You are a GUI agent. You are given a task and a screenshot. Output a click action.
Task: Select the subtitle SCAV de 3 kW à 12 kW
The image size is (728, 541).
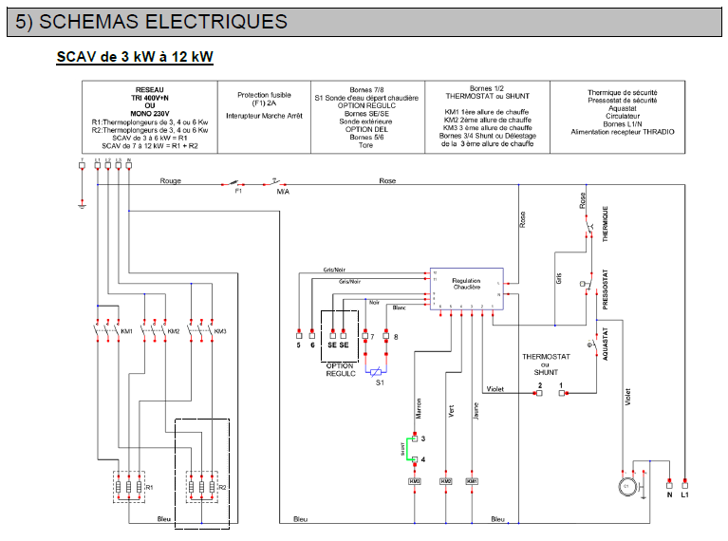tap(135, 58)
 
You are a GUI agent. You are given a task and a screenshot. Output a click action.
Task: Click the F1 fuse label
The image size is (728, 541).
tap(238, 191)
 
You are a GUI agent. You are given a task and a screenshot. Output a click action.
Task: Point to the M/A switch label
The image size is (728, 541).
tap(282, 191)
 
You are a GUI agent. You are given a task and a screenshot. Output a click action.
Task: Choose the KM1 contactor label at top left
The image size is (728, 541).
tap(126, 331)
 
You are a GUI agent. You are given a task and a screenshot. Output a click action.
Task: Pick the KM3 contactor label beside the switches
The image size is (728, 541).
tap(220, 331)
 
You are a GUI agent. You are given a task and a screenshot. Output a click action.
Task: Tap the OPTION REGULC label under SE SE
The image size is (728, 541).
tap(340, 370)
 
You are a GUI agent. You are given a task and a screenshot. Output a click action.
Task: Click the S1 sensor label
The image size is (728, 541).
tap(380, 382)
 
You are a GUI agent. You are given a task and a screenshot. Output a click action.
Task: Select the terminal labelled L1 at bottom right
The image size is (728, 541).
tap(686, 494)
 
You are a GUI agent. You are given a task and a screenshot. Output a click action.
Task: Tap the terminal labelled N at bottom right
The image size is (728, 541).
tap(669, 494)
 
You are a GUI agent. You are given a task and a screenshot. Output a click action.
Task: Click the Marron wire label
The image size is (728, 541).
tap(419, 406)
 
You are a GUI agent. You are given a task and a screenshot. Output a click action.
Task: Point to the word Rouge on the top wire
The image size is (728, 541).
tap(170, 179)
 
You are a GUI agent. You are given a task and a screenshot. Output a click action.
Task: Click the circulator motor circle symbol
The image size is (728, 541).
tap(625, 486)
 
